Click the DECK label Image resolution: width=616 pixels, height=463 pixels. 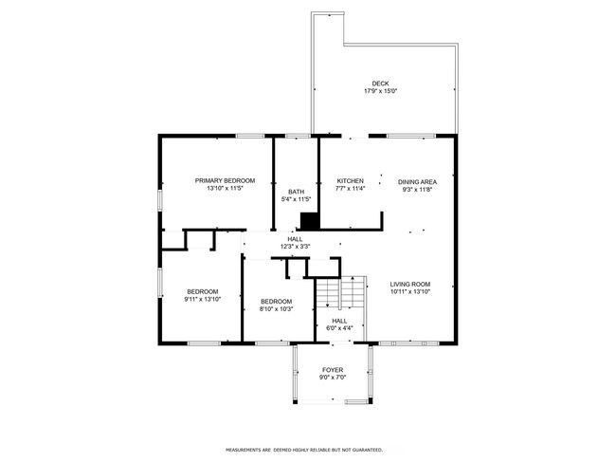(380, 83)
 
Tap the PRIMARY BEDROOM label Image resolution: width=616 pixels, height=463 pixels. (226, 180)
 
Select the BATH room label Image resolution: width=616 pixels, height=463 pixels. (297, 192)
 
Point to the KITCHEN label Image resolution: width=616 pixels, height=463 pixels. (351, 180)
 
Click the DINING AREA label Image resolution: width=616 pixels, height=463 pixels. (417, 182)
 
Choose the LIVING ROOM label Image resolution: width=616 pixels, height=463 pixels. (410, 284)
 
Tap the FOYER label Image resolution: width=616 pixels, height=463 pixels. (333, 370)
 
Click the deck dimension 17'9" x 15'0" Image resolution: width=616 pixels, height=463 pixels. (380, 91)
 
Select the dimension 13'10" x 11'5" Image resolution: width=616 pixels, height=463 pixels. (226, 188)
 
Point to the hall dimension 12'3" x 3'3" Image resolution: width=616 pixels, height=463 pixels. (295, 247)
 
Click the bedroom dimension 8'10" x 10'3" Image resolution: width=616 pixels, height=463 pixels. (276, 308)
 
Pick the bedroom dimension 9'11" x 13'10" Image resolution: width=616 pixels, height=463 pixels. (203, 299)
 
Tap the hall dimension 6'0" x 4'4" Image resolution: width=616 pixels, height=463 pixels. (339, 328)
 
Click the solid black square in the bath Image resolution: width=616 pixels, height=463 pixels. (309, 221)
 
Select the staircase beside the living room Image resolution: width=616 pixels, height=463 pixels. (341, 292)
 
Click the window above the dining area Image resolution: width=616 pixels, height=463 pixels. (411, 136)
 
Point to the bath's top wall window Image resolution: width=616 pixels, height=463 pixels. (298, 136)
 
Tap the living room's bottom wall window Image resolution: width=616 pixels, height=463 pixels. (408, 343)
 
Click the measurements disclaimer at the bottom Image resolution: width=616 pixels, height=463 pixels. (304, 450)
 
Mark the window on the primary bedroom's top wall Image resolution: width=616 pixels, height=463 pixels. (250, 136)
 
